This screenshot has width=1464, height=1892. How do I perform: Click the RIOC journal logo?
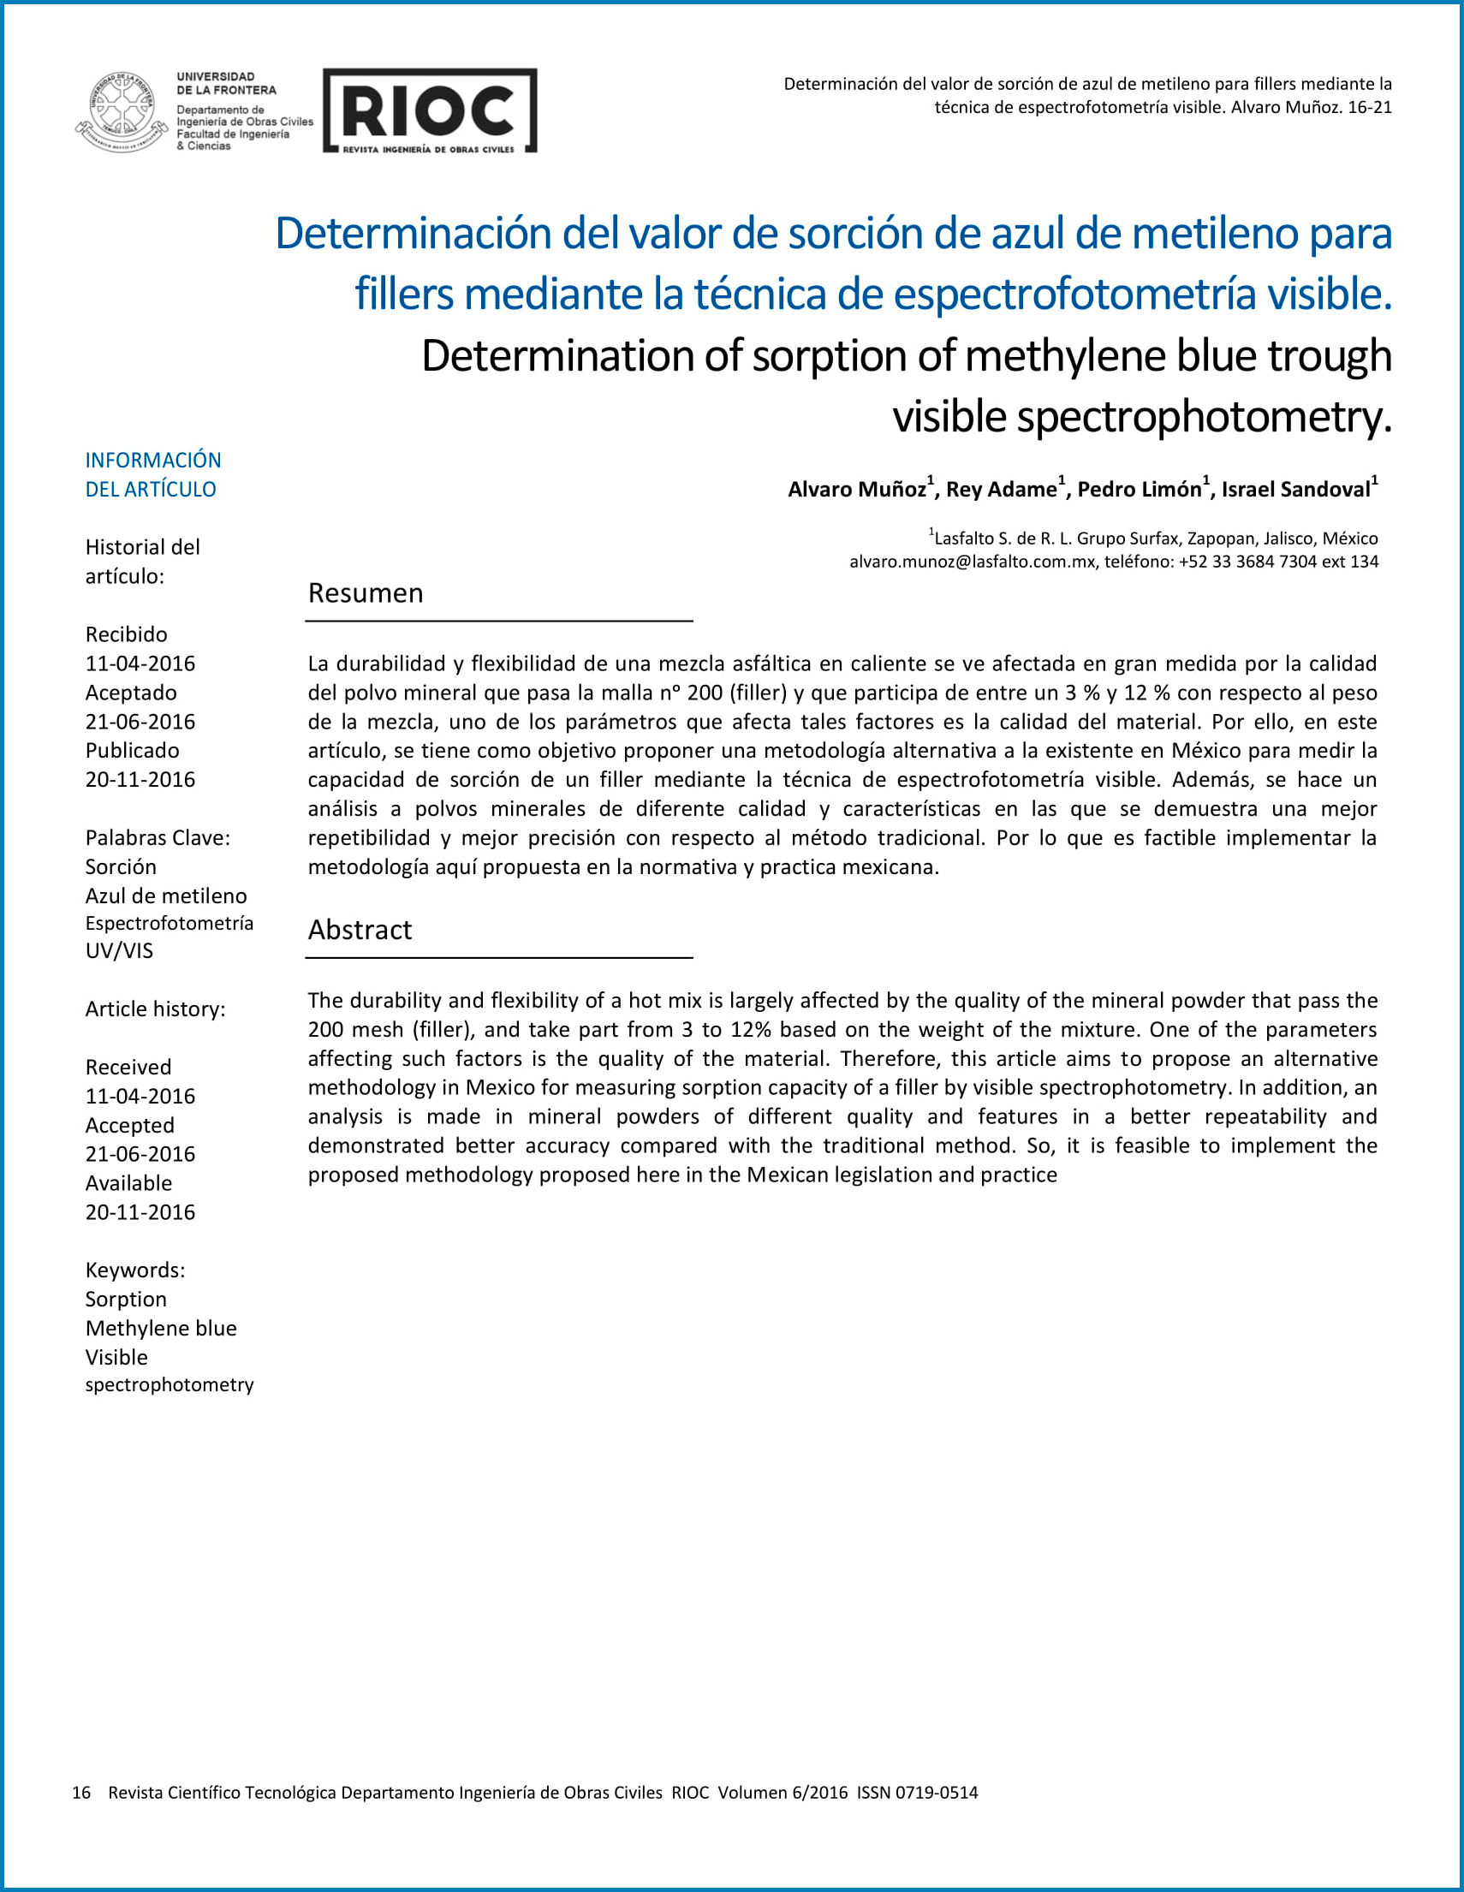(x=430, y=111)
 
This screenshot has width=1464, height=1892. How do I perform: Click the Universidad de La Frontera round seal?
(x=122, y=112)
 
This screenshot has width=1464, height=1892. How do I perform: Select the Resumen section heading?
(x=366, y=593)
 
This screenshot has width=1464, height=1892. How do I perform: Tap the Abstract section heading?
(x=360, y=930)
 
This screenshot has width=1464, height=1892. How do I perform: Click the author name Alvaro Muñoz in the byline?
(x=857, y=490)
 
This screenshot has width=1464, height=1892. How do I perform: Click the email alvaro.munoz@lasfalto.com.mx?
(x=971, y=562)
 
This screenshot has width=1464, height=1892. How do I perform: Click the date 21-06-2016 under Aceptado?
(x=140, y=722)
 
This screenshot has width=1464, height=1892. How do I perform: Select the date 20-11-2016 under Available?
(x=140, y=1212)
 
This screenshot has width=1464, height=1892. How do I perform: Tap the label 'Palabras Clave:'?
(x=158, y=838)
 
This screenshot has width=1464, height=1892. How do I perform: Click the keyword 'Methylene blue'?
(x=161, y=1328)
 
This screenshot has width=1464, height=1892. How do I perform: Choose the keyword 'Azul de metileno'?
(x=166, y=895)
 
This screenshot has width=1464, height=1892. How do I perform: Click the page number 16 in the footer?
(x=81, y=1793)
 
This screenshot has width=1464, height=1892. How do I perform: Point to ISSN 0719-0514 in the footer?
(x=918, y=1793)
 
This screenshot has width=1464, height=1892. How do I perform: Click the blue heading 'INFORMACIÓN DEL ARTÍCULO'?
(x=152, y=475)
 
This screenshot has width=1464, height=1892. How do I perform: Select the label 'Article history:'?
(x=155, y=1009)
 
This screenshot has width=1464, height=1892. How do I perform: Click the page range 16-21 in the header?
(x=1369, y=107)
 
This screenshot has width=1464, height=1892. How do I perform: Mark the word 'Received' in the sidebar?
(x=128, y=1068)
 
